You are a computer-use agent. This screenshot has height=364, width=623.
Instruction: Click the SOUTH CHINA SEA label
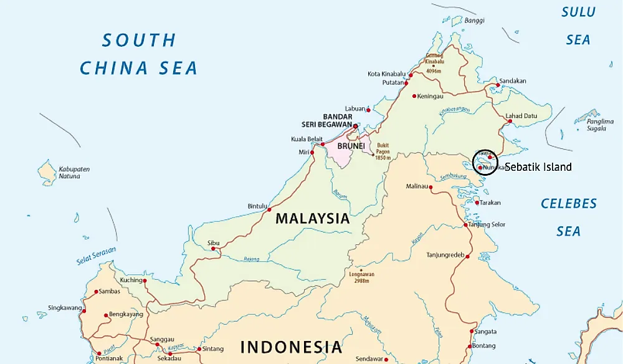tap(138, 54)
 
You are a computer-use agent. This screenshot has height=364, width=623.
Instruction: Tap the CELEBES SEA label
tap(568, 217)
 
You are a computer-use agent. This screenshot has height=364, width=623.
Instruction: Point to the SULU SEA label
tap(578, 26)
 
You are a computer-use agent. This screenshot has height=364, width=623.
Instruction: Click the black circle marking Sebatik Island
tap(485, 161)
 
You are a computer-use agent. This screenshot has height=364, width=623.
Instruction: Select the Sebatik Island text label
tap(538, 167)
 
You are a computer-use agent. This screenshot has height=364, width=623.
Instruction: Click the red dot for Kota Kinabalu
tap(410, 75)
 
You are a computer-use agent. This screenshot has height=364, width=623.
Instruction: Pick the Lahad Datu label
tap(521, 115)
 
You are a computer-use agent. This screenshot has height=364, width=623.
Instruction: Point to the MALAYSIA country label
tap(313, 219)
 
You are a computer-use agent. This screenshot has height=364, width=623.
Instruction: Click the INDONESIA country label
tap(292, 347)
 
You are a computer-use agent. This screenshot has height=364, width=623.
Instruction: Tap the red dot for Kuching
tap(145, 280)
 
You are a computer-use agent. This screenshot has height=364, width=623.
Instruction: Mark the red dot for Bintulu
tap(269, 209)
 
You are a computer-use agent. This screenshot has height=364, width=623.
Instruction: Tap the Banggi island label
tap(474, 21)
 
